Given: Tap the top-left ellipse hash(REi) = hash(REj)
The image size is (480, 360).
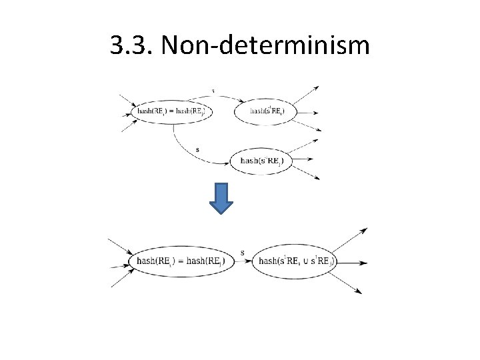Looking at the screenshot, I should coord(173,111).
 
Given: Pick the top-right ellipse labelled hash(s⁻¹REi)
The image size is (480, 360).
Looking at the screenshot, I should coord(263,111).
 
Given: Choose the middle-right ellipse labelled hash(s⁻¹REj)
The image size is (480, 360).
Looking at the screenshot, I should coord(260,160).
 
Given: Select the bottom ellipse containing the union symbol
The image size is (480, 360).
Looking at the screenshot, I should coord(295,261).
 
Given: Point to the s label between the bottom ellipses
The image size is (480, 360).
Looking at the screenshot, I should coord(242,252).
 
